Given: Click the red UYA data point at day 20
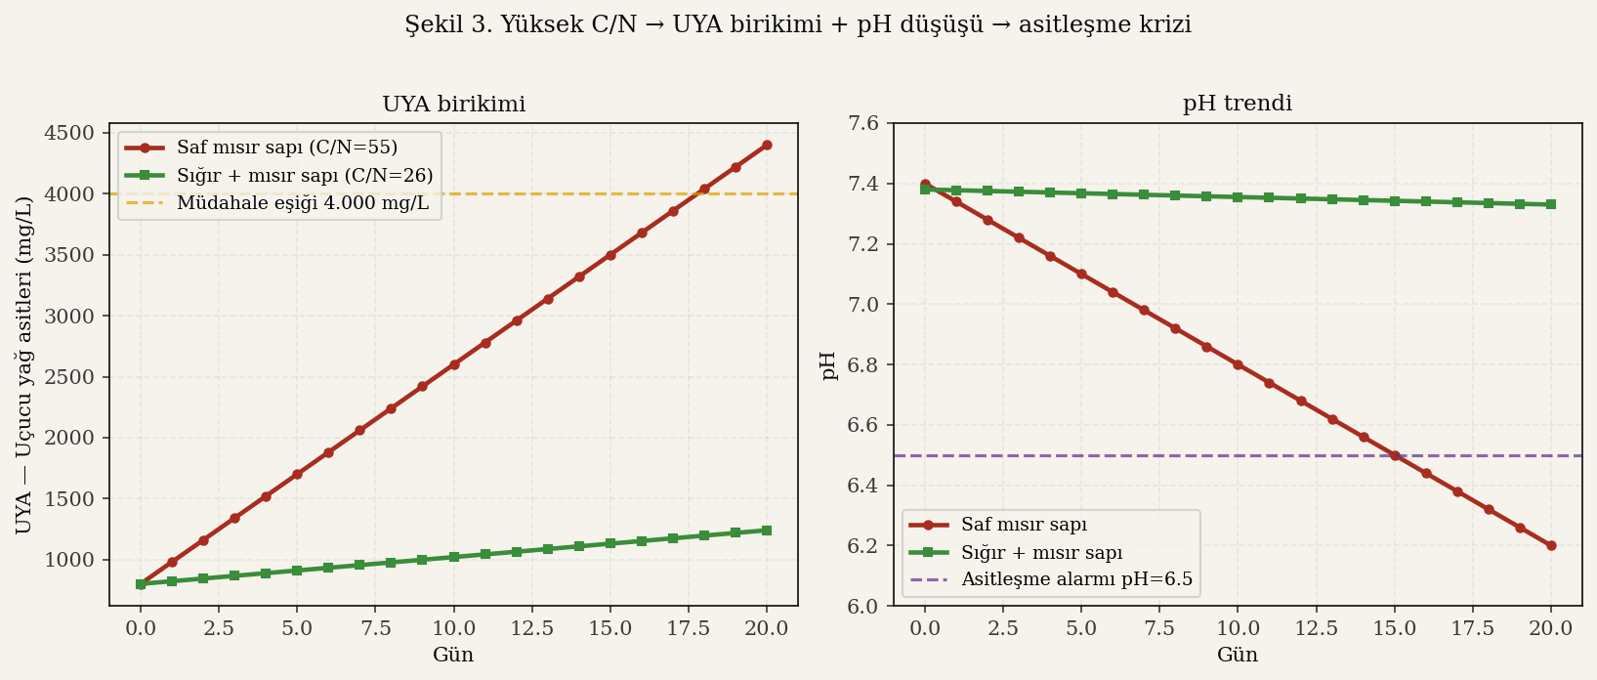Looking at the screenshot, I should (x=767, y=145).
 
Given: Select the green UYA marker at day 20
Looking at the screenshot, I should (x=767, y=531).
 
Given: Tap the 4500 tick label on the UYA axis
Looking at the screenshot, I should (x=70, y=133).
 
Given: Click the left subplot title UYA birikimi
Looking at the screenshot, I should (x=453, y=105).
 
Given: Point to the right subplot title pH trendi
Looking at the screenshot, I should (x=1238, y=104).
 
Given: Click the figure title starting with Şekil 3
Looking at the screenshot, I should (x=798, y=25).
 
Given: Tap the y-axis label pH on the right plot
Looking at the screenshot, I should (x=829, y=364).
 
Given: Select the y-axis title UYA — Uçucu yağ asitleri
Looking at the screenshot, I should (x=24, y=364).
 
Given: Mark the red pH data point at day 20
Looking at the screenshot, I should (x=1551, y=545).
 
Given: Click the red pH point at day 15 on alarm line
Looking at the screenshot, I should (x=1395, y=455).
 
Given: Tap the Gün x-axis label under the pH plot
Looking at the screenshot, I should (x=1238, y=655).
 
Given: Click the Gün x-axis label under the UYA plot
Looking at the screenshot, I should (x=453, y=655).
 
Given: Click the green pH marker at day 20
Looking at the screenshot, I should (x=1551, y=204).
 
